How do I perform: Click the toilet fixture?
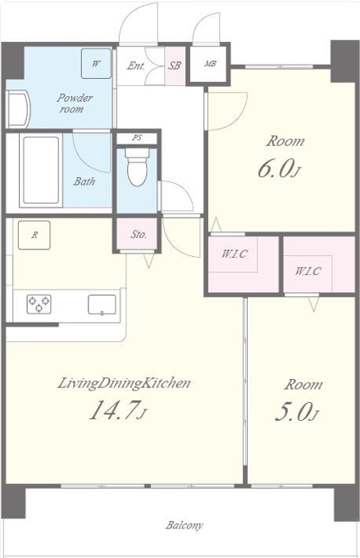pyautogui.click(x=137, y=167)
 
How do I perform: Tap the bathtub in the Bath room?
pyautogui.click(x=41, y=170)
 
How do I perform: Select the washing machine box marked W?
pyautogui.click(x=96, y=63)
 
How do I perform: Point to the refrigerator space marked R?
pyautogui.click(x=34, y=235)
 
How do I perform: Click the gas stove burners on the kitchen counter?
pyautogui.click(x=39, y=304)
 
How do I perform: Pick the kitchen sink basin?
pyautogui.click(x=102, y=305)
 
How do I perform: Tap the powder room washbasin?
pyautogui.click(x=18, y=109)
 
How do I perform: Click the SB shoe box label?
pyautogui.click(x=175, y=66)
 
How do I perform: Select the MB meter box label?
pyautogui.click(x=210, y=64)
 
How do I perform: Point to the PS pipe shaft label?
pyautogui.click(x=137, y=138)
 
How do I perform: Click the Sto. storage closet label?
pyautogui.click(x=139, y=234)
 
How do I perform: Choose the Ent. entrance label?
pyautogui.click(x=136, y=66)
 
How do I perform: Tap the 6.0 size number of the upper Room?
pyautogui.click(x=276, y=169)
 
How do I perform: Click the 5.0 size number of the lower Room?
pyautogui.click(x=293, y=412)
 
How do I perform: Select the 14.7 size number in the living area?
pyautogui.click(x=113, y=410)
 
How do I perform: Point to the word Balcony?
pyautogui.click(x=185, y=525)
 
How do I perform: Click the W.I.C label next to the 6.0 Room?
pyautogui.click(x=235, y=254)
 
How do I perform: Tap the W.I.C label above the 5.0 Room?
pyautogui.click(x=308, y=271)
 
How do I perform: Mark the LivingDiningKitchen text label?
pyautogui.click(x=124, y=383)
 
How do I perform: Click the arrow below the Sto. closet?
pyautogui.click(x=149, y=260)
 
